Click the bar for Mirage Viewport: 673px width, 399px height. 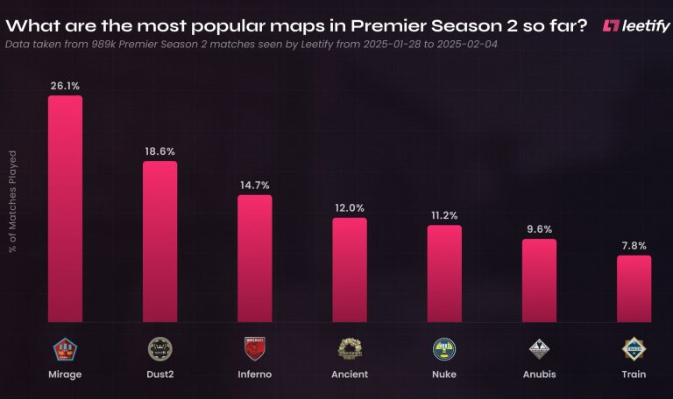click(65, 209)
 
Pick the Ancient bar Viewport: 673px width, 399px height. click(350, 270)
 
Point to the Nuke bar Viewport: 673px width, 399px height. click(444, 274)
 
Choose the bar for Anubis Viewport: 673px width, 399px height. click(539, 281)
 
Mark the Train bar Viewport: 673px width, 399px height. click(634, 289)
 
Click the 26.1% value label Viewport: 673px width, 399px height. click(65, 86)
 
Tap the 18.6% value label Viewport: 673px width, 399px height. click(159, 151)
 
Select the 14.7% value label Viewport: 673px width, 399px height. click(255, 185)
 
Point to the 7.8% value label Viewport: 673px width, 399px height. click(634, 246)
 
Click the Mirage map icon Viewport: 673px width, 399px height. click(65, 348)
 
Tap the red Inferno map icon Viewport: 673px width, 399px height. click(255, 348)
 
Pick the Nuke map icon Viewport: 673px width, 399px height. click(444, 348)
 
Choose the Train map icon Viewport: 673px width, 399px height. click(634, 348)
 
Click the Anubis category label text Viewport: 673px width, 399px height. click(539, 374)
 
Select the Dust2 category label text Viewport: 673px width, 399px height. click(159, 374)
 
